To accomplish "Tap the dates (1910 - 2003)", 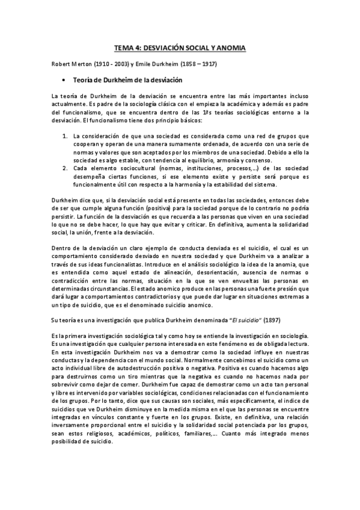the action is (x=112, y=63).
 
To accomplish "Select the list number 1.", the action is (x=66, y=137).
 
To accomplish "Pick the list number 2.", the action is (x=66, y=168).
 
